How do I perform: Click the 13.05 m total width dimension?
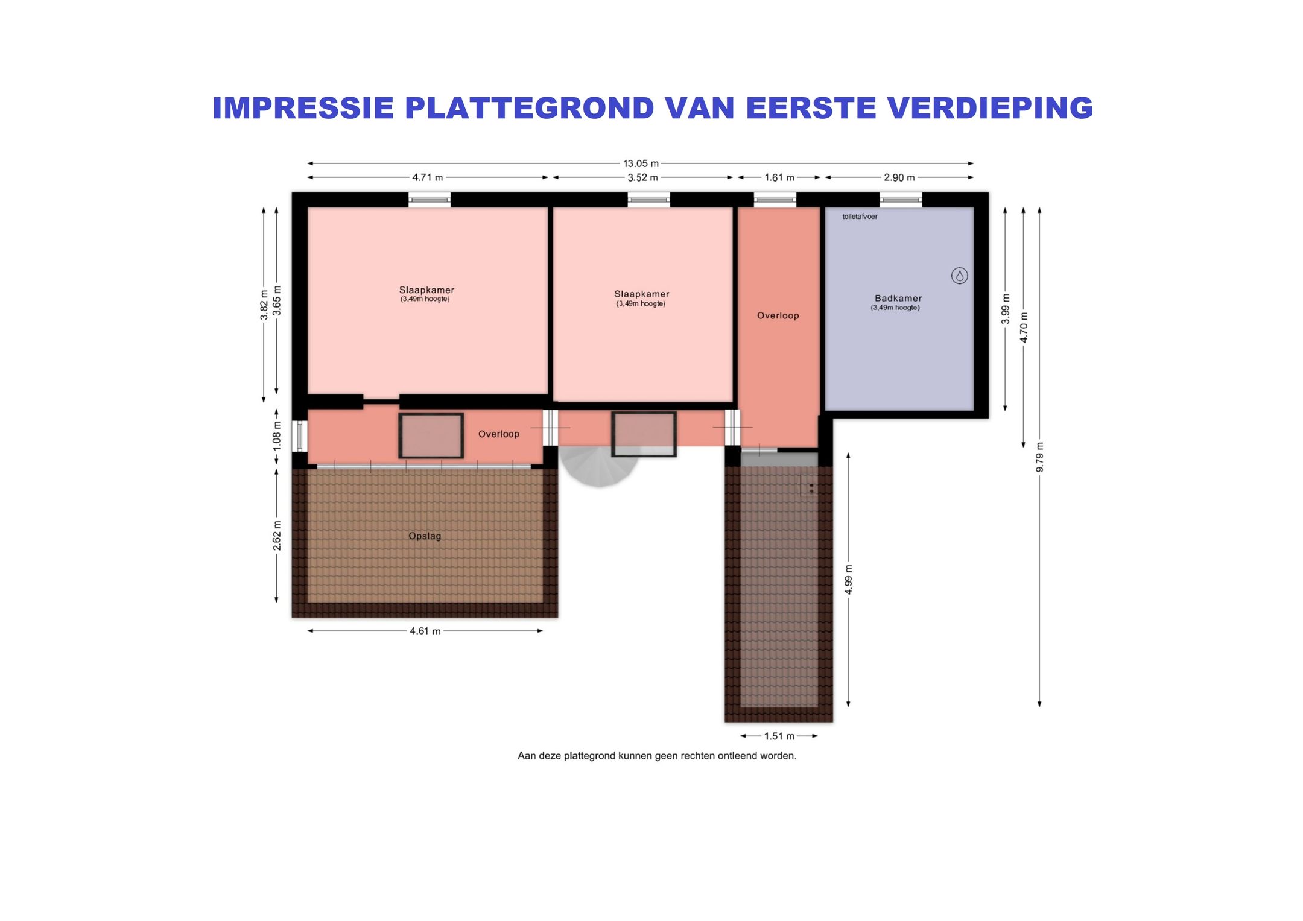click(x=641, y=163)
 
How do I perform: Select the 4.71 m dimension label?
click(x=427, y=177)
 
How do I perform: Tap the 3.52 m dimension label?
click(x=642, y=177)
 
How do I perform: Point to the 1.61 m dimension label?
click(x=779, y=177)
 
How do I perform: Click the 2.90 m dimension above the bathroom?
click(x=899, y=177)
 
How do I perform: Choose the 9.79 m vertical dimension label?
click(x=1039, y=457)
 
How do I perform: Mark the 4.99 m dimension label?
click(x=848, y=580)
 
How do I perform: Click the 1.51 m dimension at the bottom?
click(x=779, y=736)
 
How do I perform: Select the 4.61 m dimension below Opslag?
click(x=425, y=631)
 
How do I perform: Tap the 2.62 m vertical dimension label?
click(x=277, y=535)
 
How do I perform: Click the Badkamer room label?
click(x=898, y=298)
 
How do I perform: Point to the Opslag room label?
click(x=425, y=536)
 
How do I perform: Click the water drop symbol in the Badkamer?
click(x=959, y=276)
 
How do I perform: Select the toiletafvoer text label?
click(x=860, y=217)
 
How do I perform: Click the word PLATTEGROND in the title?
click(x=529, y=108)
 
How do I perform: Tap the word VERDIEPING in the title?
click(x=989, y=108)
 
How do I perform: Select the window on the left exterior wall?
click(x=299, y=435)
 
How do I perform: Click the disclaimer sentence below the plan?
click(x=656, y=756)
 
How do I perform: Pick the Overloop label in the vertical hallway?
click(x=778, y=315)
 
